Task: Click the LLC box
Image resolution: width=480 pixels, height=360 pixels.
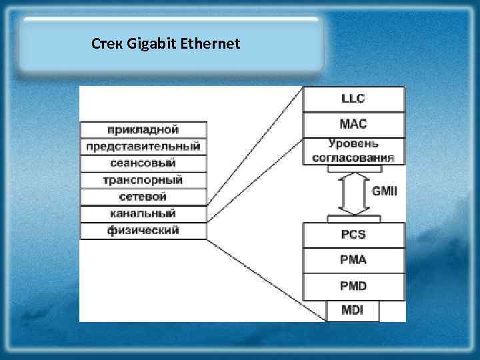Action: (x=353, y=99)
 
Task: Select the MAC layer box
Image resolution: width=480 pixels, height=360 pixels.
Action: (x=353, y=125)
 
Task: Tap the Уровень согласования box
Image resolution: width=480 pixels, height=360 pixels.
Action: (x=353, y=151)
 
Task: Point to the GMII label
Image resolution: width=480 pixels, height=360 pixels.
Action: (x=384, y=191)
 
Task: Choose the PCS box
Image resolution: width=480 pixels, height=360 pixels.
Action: (x=353, y=235)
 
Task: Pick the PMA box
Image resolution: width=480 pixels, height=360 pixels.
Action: (x=353, y=261)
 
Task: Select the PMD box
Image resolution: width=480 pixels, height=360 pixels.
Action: (x=353, y=287)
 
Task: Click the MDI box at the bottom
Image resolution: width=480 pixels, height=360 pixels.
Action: (x=353, y=311)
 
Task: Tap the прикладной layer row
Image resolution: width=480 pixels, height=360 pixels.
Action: (x=143, y=129)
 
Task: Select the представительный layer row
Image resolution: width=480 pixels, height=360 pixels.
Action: (x=143, y=147)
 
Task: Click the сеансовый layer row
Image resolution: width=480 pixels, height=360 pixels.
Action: (x=143, y=163)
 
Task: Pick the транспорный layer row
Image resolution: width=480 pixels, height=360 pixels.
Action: (x=143, y=181)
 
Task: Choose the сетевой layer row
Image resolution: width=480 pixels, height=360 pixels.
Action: (x=143, y=197)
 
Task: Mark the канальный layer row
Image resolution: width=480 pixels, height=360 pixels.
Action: (x=143, y=214)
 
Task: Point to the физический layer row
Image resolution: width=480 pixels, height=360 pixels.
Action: (x=143, y=231)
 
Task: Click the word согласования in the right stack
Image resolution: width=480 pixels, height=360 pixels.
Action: (x=353, y=158)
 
